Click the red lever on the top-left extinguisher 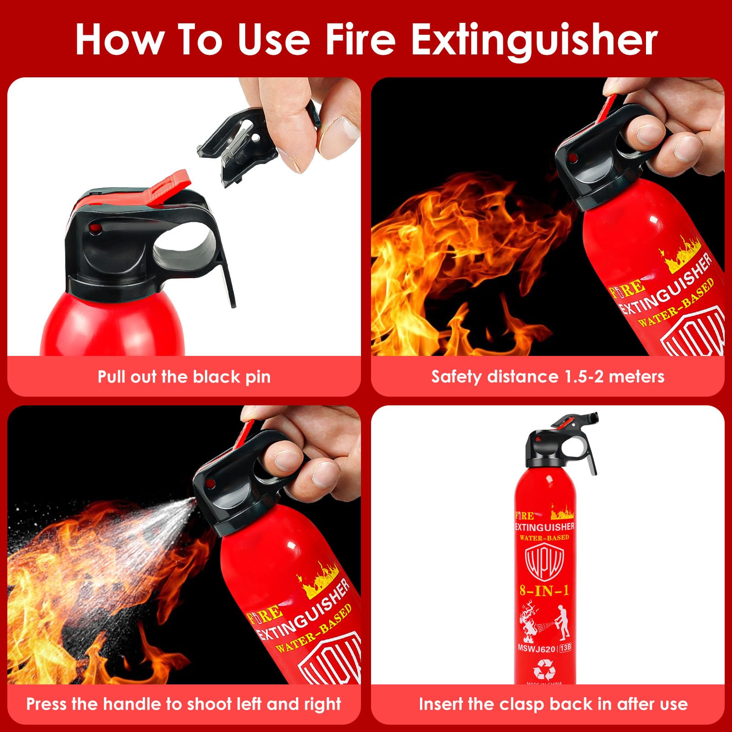coord(169,188)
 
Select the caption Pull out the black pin coord(184,377)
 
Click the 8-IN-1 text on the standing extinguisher coord(544,591)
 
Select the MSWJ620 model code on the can coord(536,648)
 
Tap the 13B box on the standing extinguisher coord(565,648)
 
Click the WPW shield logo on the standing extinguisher coord(544,563)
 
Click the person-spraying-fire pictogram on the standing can coord(544,622)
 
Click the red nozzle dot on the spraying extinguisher coord(211,484)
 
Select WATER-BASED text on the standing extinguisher coord(544,538)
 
